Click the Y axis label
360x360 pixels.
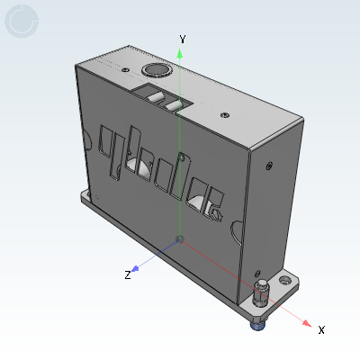click(x=183, y=39)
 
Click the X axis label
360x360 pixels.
click(x=321, y=330)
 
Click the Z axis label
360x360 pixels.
click(x=128, y=274)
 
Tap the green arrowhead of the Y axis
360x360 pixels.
click(x=181, y=53)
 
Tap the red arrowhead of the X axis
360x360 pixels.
click(x=308, y=323)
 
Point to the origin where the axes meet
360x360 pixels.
click(x=180, y=239)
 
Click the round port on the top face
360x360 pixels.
click(x=155, y=71)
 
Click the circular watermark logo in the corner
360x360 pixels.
click(x=22, y=22)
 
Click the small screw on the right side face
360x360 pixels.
click(x=269, y=166)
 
